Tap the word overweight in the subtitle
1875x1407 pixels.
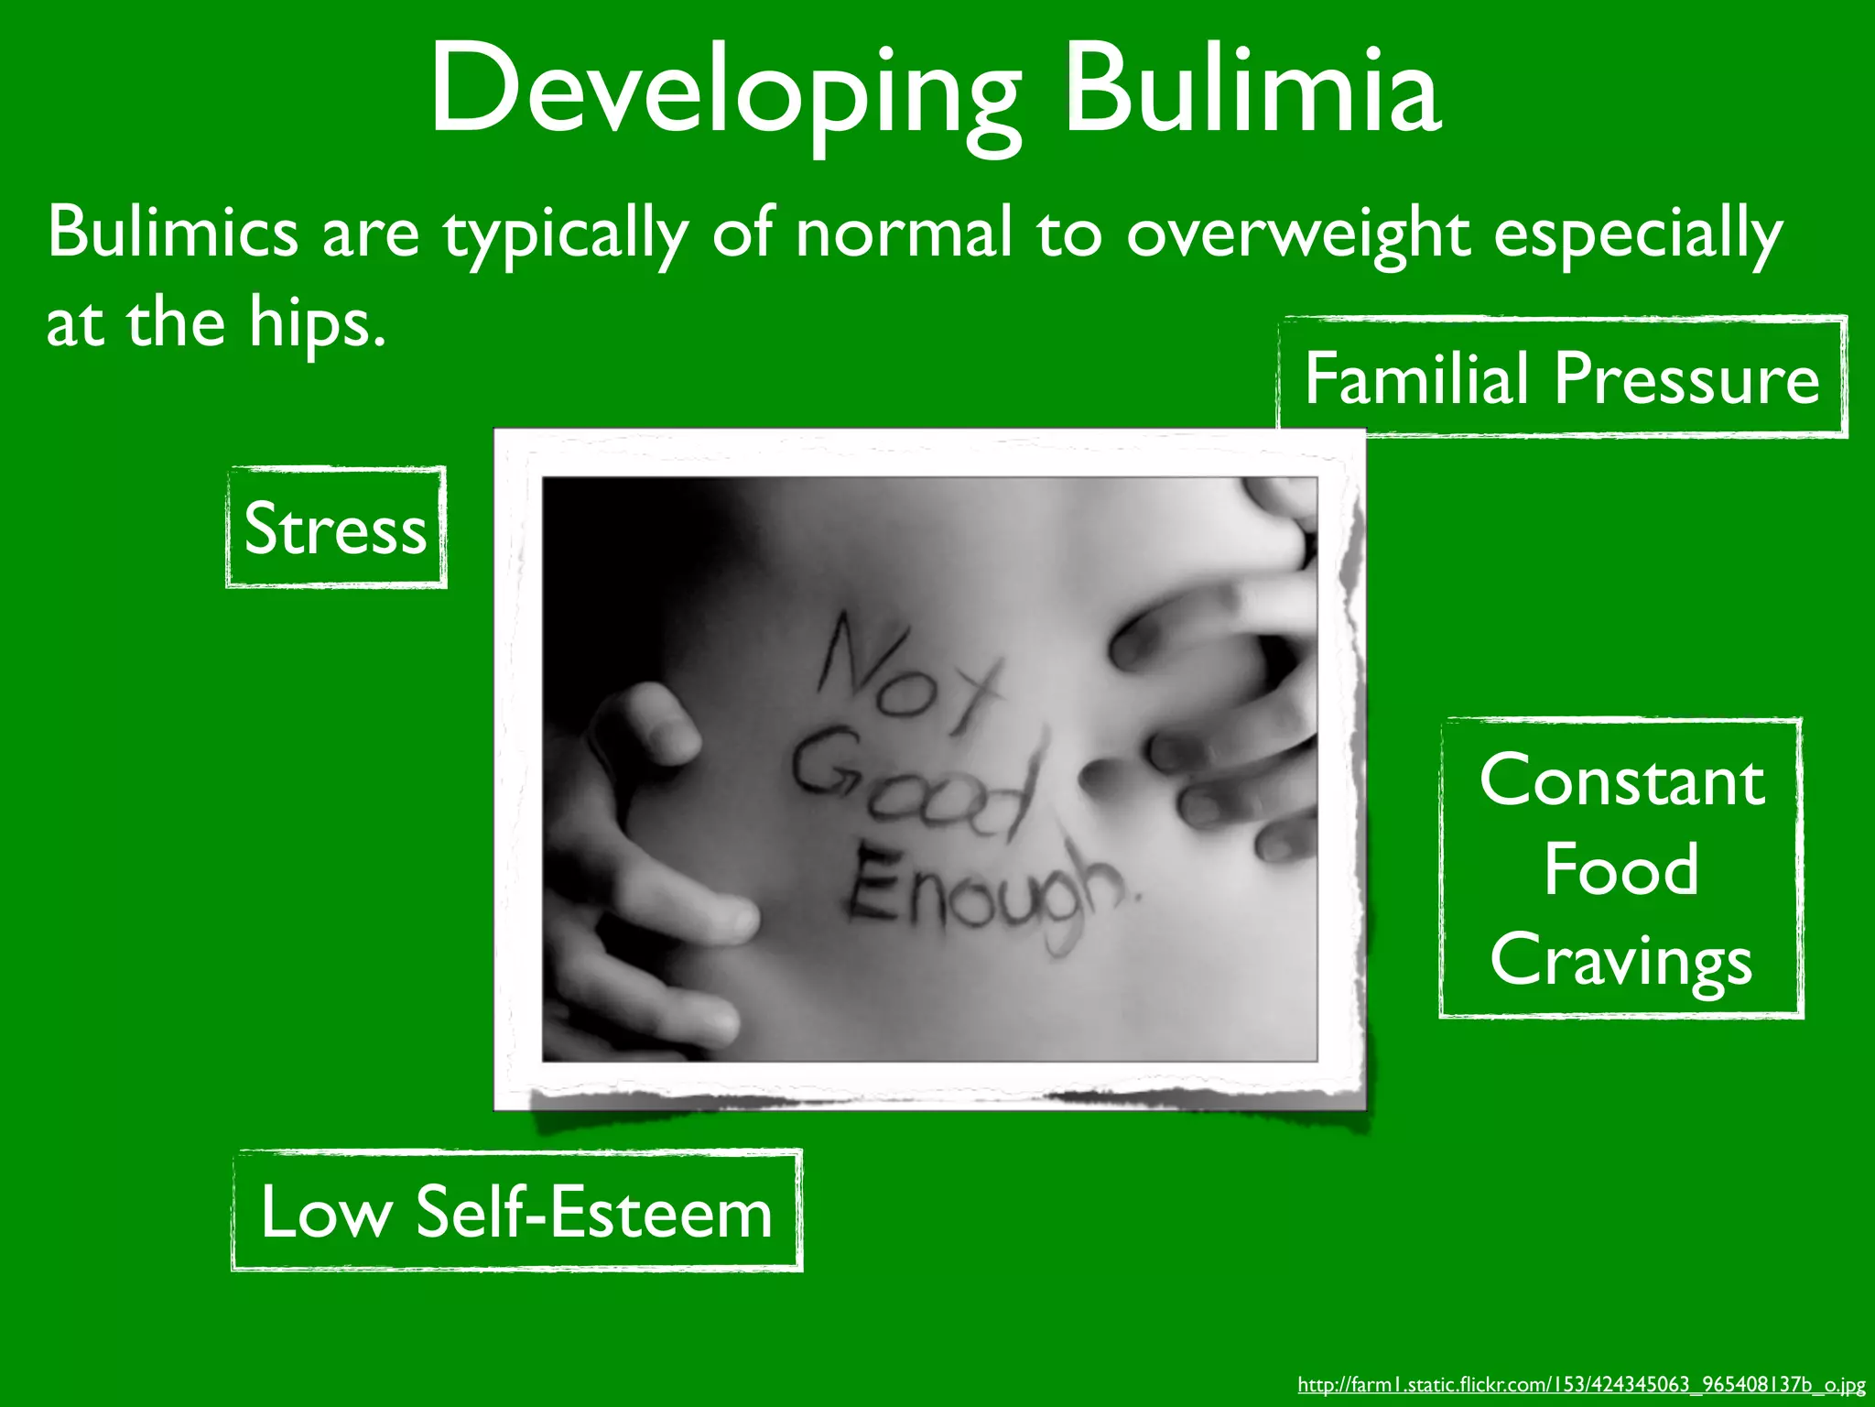(x=1297, y=234)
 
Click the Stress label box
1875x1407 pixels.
(x=336, y=529)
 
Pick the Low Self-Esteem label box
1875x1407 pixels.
(x=517, y=1212)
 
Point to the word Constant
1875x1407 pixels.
(x=1621, y=781)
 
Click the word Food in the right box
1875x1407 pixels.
(x=1620, y=869)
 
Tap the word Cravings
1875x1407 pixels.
(x=1621, y=961)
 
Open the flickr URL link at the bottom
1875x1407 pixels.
(x=1581, y=1385)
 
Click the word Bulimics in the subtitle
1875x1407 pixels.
(x=172, y=232)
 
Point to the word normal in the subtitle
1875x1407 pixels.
(x=904, y=232)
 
